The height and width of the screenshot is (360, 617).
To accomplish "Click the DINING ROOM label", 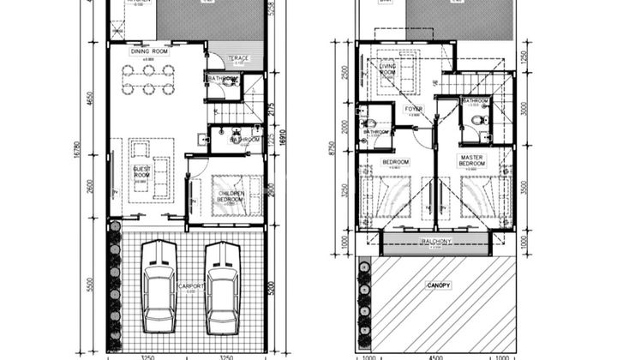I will [148, 51].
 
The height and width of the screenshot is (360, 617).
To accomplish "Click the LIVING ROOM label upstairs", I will [386, 69].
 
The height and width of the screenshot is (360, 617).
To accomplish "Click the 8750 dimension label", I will [339, 160].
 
